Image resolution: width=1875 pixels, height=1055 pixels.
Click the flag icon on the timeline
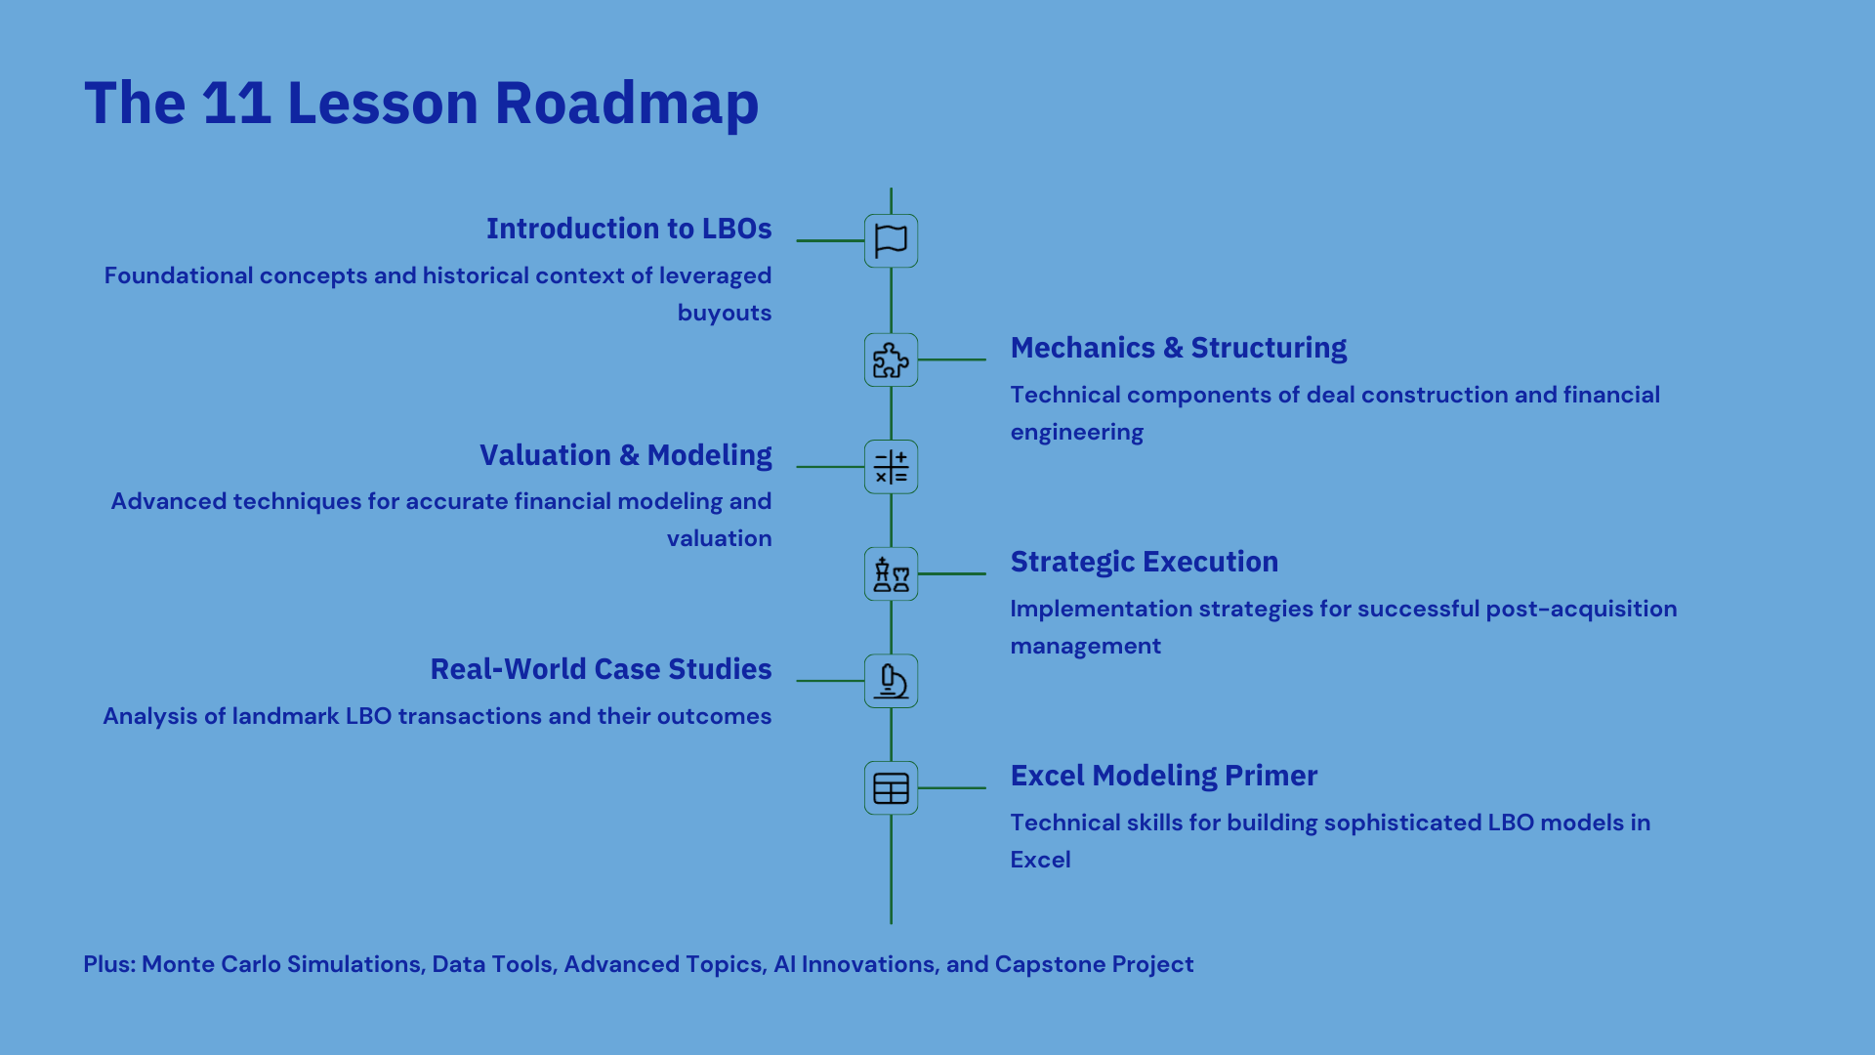(x=891, y=240)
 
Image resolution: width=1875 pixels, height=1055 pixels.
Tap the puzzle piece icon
(x=891, y=359)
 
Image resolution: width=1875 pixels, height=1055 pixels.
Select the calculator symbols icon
(x=891, y=467)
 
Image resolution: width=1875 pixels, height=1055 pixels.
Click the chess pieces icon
(x=891, y=574)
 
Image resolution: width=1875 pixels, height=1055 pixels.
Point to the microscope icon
(x=891, y=681)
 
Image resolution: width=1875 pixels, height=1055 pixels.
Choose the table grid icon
(x=891, y=788)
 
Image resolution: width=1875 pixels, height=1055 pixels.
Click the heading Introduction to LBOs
(x=629, y=229)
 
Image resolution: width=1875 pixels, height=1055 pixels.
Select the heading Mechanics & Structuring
(x=1179, y=348)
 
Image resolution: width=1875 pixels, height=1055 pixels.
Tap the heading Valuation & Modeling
(x=626, y=455)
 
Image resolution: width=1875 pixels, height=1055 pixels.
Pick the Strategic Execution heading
(x=1145, y=562)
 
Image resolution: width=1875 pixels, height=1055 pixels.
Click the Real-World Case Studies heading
(x=602, y=669)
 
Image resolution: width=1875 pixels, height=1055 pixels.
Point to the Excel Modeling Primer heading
(x=1164, y=776)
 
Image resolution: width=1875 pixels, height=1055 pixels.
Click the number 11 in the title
(x=236, y=103)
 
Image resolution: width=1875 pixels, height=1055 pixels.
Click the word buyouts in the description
(x=725, y=314)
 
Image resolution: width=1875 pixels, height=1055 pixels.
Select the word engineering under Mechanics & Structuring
(x=1077, y=433)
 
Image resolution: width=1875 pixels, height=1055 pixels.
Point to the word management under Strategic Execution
(x=1086, y=647)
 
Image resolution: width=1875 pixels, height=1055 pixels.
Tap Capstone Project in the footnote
(x=1094, y=965)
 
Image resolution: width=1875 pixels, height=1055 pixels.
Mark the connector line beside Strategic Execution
(x=952, y=574)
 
